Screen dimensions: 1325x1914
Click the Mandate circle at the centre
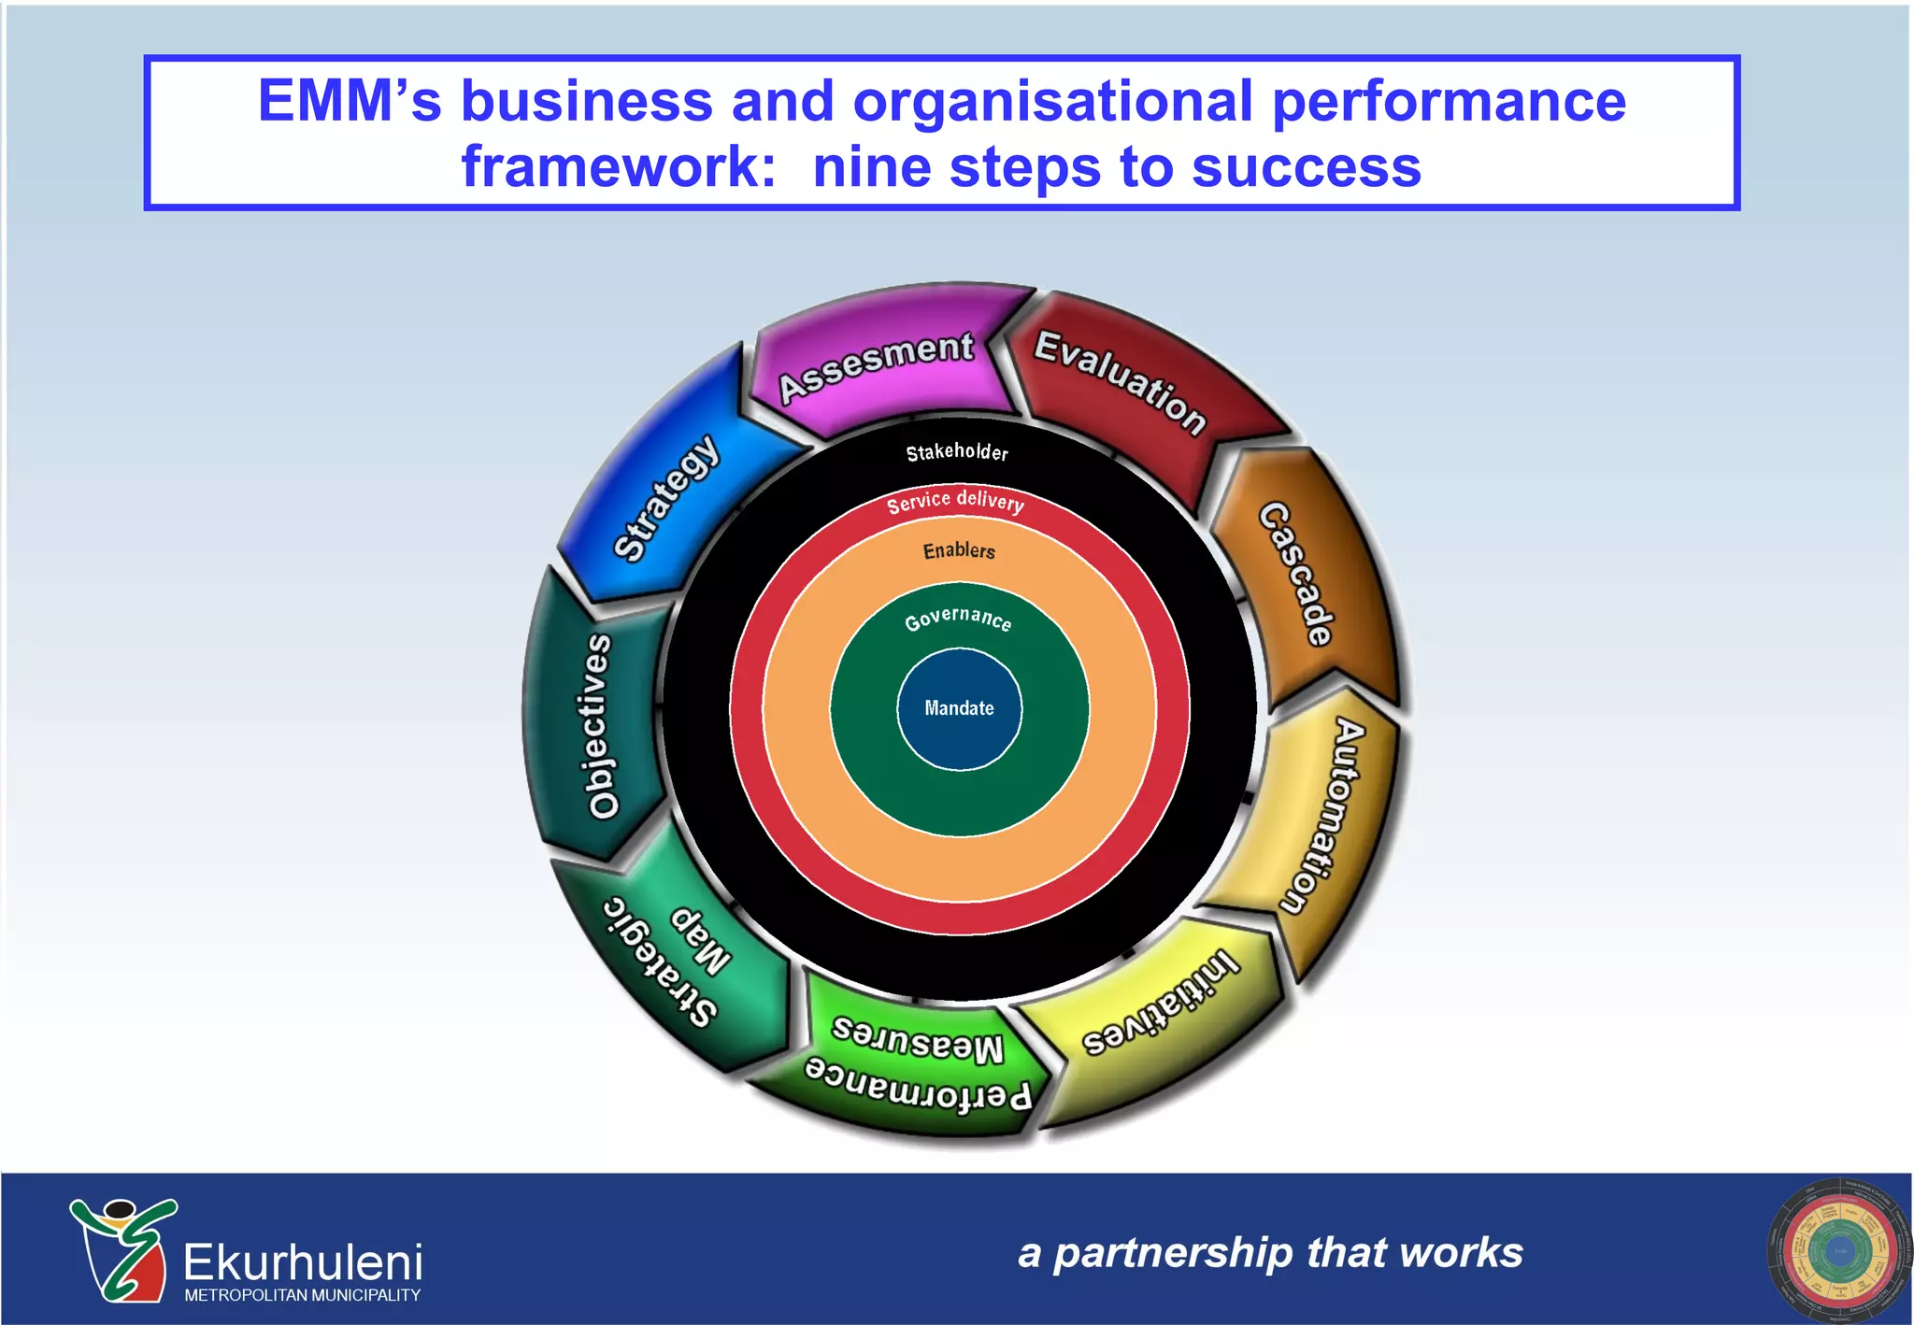tap(959, 709)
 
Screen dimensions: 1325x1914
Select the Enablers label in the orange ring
tap(959, 550)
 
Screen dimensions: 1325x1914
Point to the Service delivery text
tap(955, 502)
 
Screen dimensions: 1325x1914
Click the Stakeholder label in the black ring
tap(957, 452)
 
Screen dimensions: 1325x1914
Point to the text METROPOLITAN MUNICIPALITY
tap(302, 1295)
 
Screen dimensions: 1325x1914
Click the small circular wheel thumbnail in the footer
tap(1837, 1251)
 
